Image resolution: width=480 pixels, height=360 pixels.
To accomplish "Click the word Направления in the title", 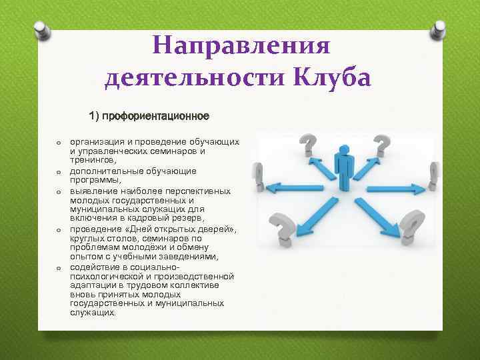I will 241,47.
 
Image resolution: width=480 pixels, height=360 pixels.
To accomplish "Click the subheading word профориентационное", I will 159,117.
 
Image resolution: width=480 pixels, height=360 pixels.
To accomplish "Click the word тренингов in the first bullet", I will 93,160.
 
